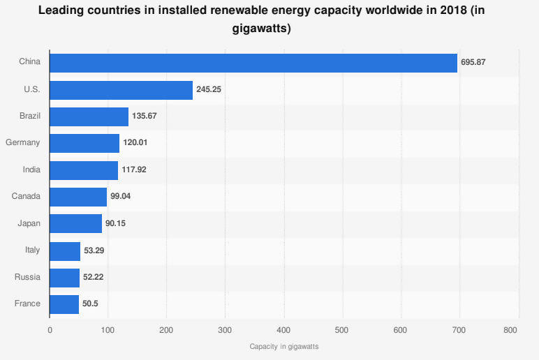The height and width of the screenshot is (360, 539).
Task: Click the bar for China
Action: tap(253, 62)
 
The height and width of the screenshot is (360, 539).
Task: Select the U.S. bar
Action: tap(121, 89)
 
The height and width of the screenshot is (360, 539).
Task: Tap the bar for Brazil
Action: tap(89, 116)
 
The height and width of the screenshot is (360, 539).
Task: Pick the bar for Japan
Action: tap(76, 223)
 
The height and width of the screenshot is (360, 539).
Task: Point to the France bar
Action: tap(64, 304)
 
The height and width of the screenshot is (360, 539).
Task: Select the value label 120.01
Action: tap(135, 143)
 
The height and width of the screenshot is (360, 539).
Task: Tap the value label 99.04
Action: tap(120, 197)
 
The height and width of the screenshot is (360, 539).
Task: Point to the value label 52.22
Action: tap(94, 277)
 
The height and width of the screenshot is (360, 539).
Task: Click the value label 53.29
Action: tap(94, 250)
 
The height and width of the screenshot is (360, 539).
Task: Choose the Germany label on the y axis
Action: tap(23, 143)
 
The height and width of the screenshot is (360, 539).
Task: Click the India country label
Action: tap(31, 170)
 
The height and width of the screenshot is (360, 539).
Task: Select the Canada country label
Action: tap(26, 197)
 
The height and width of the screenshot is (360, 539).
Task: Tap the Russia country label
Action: tap(27, 277)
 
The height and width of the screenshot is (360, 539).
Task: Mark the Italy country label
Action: tap(32, 250)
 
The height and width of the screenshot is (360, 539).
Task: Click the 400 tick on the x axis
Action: tap(283, 330)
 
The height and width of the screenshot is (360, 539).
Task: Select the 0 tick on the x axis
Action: tap(50, 330)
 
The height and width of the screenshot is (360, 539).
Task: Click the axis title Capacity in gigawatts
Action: tap(283, 346)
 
